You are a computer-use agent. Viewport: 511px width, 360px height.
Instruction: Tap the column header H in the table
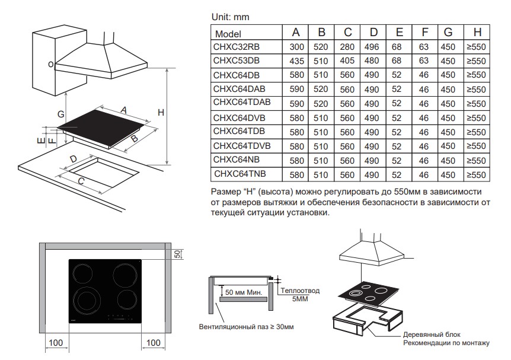tap(477, 33)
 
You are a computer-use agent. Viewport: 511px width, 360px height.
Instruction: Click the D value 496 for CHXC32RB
tap(373, 46)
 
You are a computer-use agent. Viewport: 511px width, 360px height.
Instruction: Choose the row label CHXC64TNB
tap(240, 174)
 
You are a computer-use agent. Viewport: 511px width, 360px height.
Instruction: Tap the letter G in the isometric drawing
tap(60, 113)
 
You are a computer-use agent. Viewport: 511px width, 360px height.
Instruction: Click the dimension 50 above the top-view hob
tap(176, 254)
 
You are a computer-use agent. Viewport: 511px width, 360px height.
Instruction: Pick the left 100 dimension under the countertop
tap(56, 343)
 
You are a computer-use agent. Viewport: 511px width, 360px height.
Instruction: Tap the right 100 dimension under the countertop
tap(154, 343)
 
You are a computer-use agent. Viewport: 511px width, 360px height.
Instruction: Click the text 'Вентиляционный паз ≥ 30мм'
tap(245, 327)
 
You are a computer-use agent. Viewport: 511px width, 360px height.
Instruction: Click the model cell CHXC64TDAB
tap(241, 103)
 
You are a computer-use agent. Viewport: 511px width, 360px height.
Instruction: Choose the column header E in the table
tap(399, 33)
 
